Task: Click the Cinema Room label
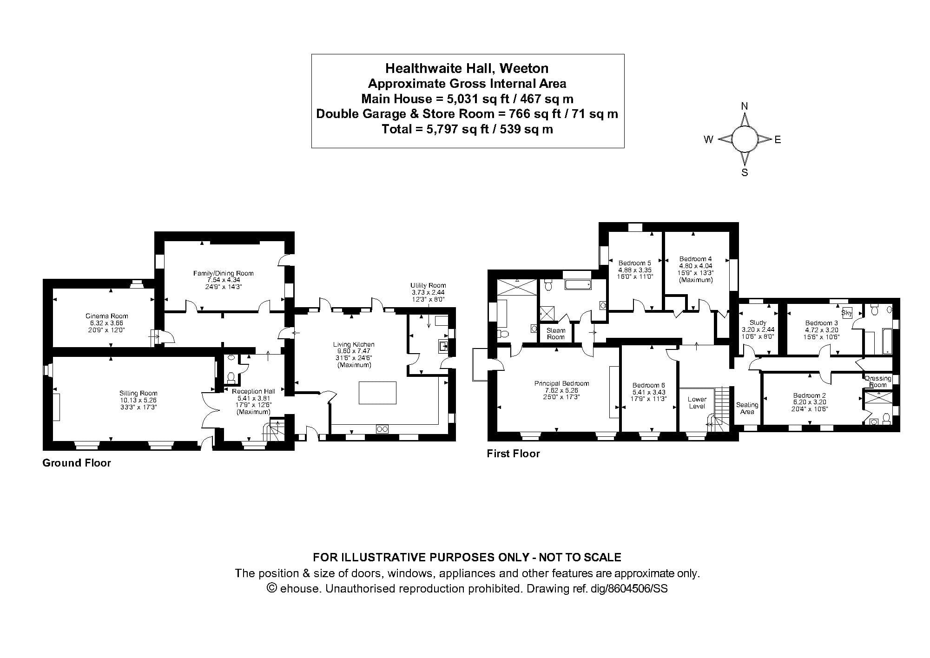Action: (x=106, y=316)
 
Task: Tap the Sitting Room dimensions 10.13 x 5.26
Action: (x=138, y=400)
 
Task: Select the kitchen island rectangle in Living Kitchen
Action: (x=377, y=393)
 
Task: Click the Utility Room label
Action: (x=428, y=285)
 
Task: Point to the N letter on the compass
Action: (x=745, y=106)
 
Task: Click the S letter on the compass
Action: (x=745, y=173)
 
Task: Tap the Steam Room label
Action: (x=556, y=334)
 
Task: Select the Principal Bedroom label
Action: (x=561, y=383)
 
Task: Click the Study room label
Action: (x=758, y=322)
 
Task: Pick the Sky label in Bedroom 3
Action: (x=847, y=313)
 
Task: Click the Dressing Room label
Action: (x=878, y=382)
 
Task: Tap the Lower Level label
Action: (x=697, y=402)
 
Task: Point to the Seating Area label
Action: (x=747, y=408)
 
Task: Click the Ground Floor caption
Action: (x=77, y=463)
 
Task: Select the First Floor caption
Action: (x=513, y=454)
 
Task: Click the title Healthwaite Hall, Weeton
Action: (x=467, y=68)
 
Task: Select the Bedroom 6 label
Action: (x=648, y=385)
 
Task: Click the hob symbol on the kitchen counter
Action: (x=382, y=429)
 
